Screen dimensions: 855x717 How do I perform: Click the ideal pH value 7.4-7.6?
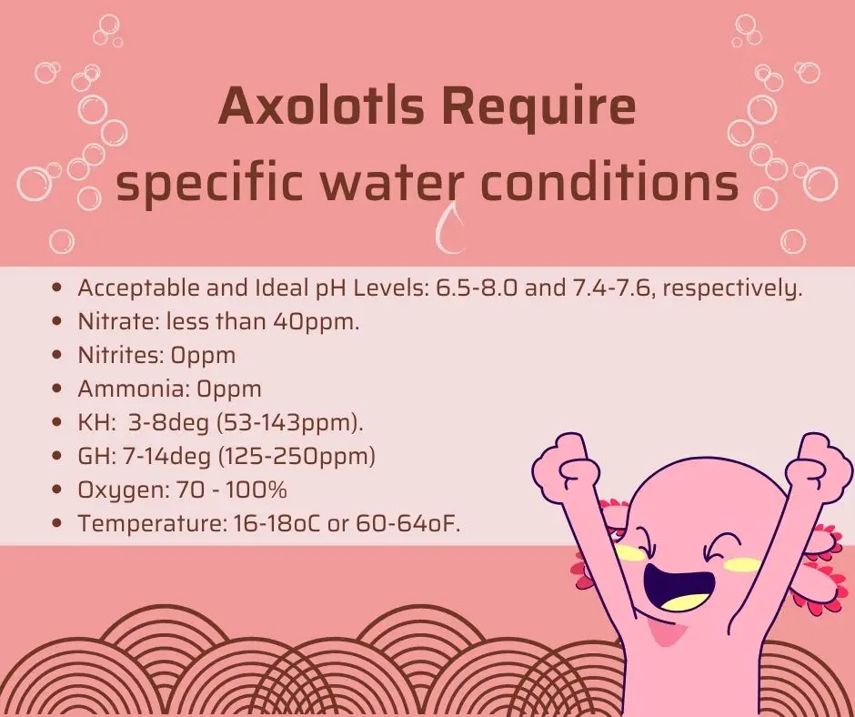[x=612, y=288]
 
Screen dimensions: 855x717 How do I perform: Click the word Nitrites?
[x=120, y=355]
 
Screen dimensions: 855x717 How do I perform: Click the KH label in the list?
[x=96, y=423]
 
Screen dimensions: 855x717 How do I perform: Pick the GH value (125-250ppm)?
[x=297, y=457]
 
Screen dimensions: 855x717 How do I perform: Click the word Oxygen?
[x=124, y=490]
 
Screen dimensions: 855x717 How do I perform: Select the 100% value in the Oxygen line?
[x=256, y=490]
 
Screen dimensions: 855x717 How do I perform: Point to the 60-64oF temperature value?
[x=407, y=524]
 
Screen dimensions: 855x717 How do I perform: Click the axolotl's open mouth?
[x=679, y=588]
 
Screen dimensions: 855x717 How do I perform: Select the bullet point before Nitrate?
[x=56, y=322]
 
